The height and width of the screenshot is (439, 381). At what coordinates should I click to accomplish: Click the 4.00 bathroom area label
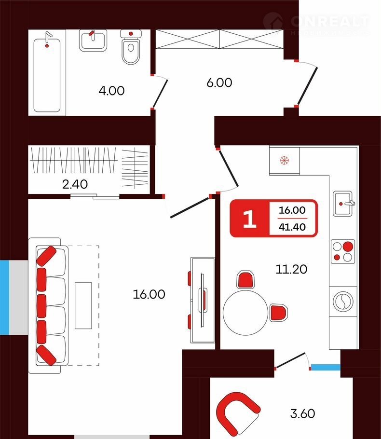[111, 90]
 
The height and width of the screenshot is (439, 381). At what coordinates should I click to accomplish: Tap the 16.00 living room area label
[149, 294]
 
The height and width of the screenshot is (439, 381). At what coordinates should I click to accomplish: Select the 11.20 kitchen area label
[291, 269]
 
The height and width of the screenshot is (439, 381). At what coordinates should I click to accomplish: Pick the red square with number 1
[249, 219]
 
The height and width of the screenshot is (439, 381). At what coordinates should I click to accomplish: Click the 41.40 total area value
[293, 227]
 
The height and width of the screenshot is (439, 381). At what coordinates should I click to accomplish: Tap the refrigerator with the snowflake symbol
[284, 161]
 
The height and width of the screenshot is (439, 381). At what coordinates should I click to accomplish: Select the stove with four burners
[342, 251]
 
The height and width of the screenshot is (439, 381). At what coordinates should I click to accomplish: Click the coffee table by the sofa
[83, 305]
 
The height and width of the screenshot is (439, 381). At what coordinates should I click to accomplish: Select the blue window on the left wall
[5, 297]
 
